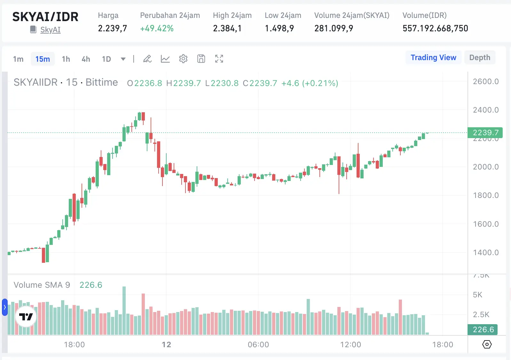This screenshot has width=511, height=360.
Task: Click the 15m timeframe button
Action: tap(43, 59)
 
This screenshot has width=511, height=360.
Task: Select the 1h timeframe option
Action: tap(66, 59)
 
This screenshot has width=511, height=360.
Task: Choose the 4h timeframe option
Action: tap(86, 59)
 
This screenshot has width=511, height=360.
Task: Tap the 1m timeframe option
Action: tap(18, 59)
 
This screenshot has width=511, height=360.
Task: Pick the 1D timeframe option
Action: tap(106, 59)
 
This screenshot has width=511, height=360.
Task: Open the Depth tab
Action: tap(480, 58)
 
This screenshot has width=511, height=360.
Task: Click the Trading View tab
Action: tap(433, 58)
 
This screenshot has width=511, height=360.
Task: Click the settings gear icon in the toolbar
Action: tap(183, 59)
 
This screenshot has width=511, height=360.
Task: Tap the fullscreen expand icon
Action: tap(219, 59)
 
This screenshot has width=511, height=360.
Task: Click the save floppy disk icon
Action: tap(201, 59)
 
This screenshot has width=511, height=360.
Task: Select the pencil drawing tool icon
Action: tap(147, 59)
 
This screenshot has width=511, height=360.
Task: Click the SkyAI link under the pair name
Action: tap(50, 30)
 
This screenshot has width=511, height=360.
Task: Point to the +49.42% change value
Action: tap(157, 28)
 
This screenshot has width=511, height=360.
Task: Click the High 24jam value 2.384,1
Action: tap(227, 28)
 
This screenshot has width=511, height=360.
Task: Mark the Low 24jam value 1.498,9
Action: tap(279, 28)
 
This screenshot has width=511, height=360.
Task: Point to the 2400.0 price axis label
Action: tap(486, 110)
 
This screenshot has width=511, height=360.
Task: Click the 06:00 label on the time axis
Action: tap(258, 345)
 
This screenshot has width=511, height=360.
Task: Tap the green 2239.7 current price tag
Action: tap(485, 133)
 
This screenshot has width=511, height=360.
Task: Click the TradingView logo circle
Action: tap(26, 317)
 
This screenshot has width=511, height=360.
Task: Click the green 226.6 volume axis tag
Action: tap(483, 330)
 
